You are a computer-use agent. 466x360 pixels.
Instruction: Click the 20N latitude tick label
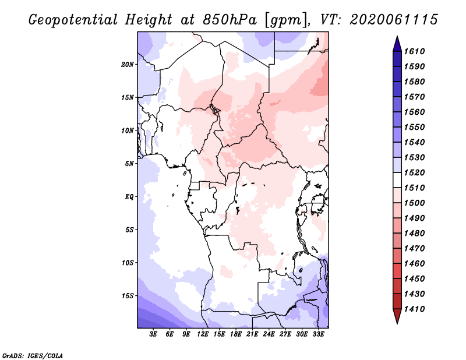(128, 64)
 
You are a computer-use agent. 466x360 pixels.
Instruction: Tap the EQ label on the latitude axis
(129, 196)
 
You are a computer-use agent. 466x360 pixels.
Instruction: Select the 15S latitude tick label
(128, 295)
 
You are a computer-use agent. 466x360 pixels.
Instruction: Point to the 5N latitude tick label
(130, 163)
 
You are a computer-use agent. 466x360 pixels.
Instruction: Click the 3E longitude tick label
(154, 334)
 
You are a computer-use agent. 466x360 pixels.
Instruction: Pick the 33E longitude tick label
(319, 334)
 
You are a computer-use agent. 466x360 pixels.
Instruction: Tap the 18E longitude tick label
(236, 334)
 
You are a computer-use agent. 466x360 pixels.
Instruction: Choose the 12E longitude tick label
(203, 334)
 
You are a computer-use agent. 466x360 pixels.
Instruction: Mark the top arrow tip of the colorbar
(397, 37)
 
